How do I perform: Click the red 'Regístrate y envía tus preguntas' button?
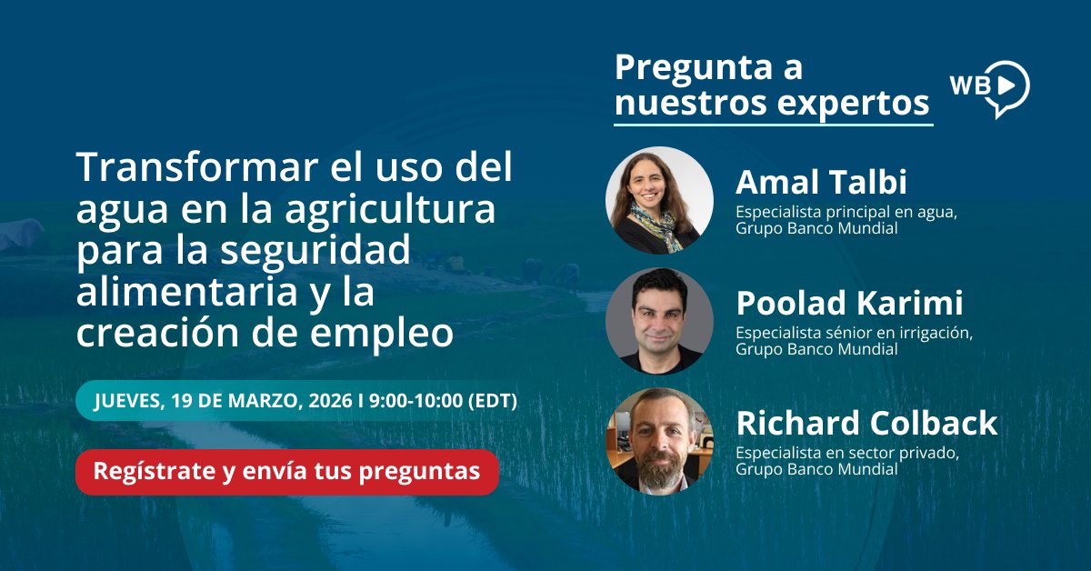point(286,472)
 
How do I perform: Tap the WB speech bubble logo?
point(989,87)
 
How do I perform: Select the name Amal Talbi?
point(820,183)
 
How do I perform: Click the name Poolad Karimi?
point(849,303)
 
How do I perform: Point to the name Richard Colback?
point(866,423)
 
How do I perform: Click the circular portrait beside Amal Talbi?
point(659,200)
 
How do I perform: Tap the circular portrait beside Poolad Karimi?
point(659,320)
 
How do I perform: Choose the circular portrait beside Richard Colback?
point(659,441)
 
